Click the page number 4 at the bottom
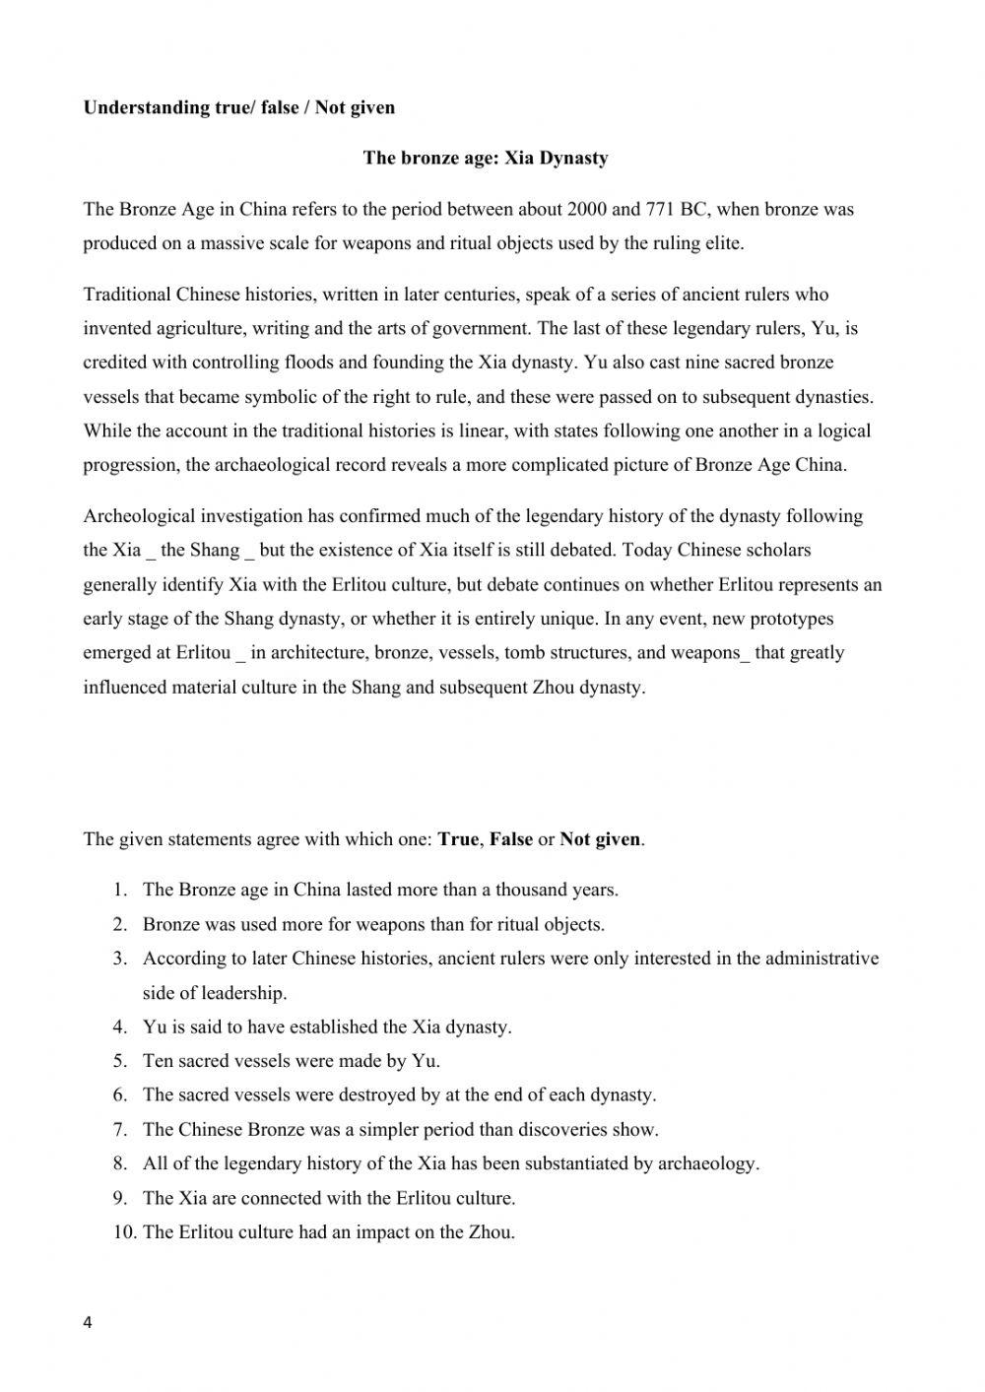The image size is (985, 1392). point(88,1323)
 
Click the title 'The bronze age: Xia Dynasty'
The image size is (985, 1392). point(486,158)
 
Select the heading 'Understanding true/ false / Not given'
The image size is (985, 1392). point(239,107)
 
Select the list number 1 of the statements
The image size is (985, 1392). point(119,890)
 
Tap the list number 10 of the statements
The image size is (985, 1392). point(123,1231)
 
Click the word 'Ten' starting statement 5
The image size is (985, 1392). point(158,1061)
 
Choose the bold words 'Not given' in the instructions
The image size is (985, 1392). point(600,839)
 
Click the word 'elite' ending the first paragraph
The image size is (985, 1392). point(722,243)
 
